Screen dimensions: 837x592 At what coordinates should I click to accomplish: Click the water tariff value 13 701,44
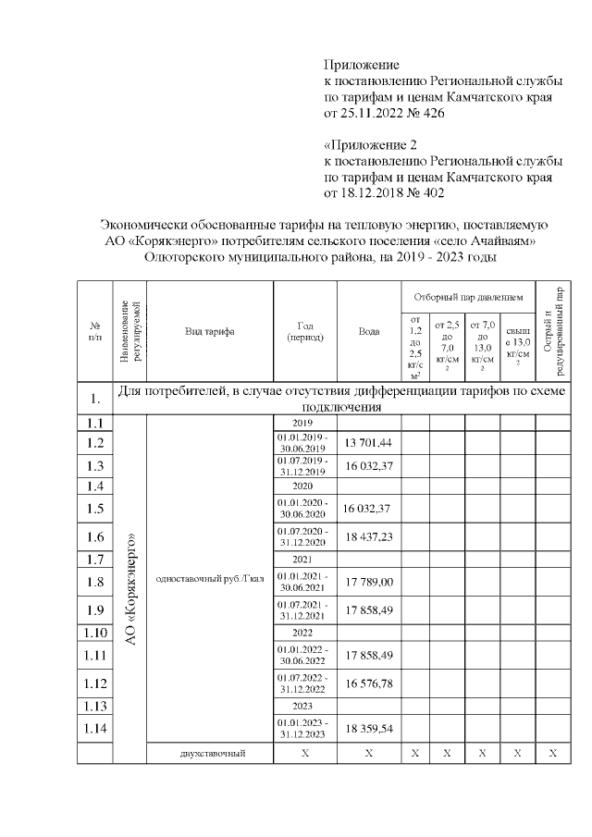[x=368, y=443]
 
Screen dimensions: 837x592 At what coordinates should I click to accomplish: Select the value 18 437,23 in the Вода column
[x=368, y=536]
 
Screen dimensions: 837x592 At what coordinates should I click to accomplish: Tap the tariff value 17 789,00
[x=368, y=582]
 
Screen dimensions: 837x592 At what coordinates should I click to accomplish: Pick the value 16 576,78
[x=368, y=683]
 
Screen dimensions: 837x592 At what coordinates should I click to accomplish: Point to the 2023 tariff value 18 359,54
[x=368, y=729]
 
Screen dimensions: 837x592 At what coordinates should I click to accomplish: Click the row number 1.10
[x=94, y=633]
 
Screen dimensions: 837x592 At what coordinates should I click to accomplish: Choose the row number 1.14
[x=94, y=729]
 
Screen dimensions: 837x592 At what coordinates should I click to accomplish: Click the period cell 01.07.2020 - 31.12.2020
[x=304, y=536]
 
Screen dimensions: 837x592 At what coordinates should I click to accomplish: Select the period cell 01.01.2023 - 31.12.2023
[x=304, y=729]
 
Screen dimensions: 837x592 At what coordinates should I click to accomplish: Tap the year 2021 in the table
[x=304, y=559]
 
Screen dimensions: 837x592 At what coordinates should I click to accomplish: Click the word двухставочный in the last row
[x=213, y=754]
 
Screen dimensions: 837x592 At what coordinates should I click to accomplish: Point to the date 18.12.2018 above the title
[x=375, y=193]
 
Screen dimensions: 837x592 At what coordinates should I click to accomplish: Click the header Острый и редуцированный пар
[x=552, y=331]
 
